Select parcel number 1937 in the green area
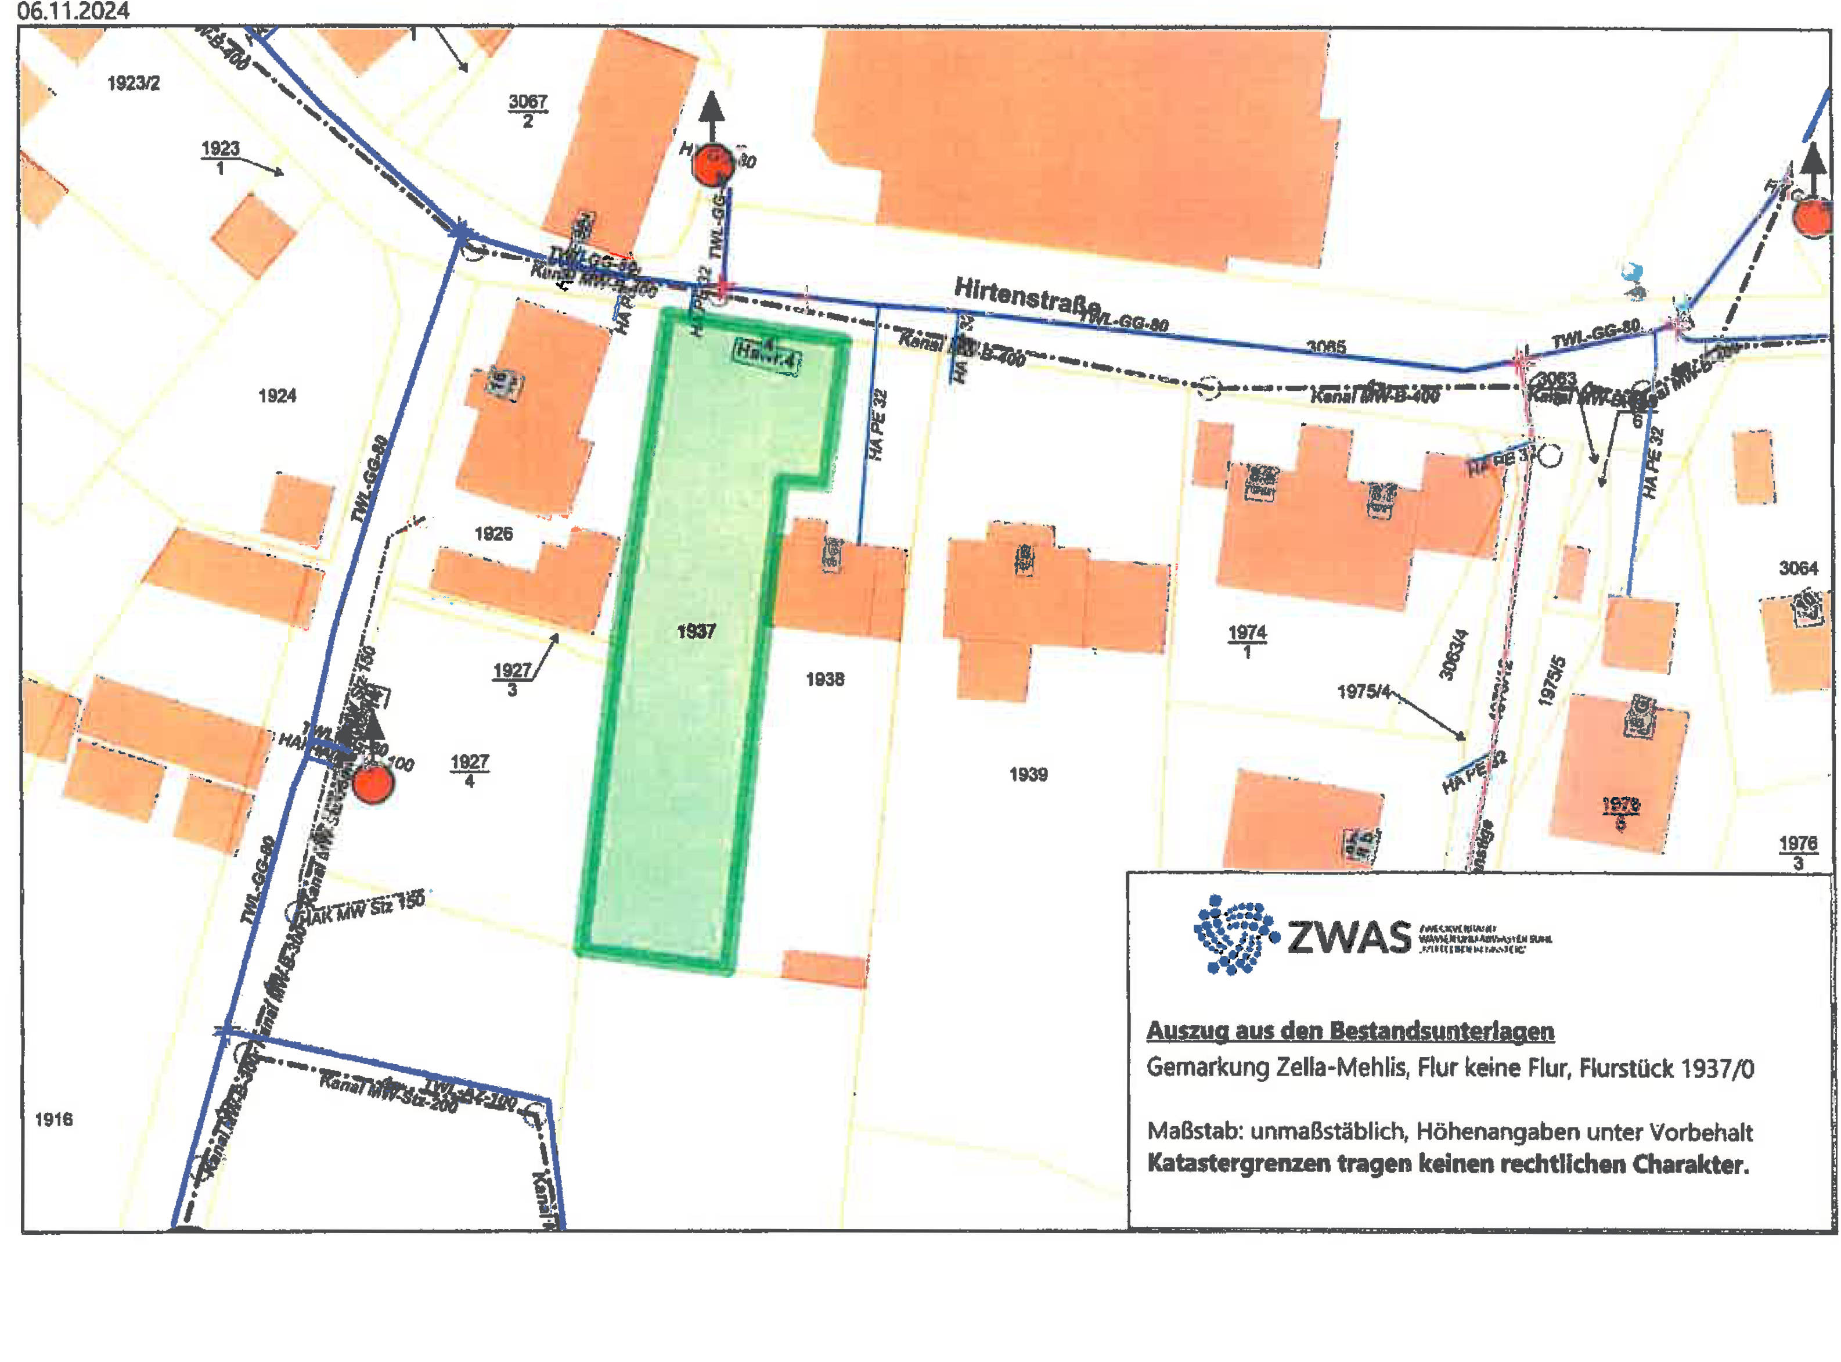click(696, 631)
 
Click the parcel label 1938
click(825, 680)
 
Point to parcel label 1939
click(1028, 774)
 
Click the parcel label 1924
click(277, 396)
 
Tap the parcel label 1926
click(493, 533)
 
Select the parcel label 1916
click(53, 1120)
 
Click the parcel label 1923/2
click(134, 83)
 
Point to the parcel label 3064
click(1797, 568)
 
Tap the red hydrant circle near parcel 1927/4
click(373, 784)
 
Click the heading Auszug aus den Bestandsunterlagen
click(1350, 1030)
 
